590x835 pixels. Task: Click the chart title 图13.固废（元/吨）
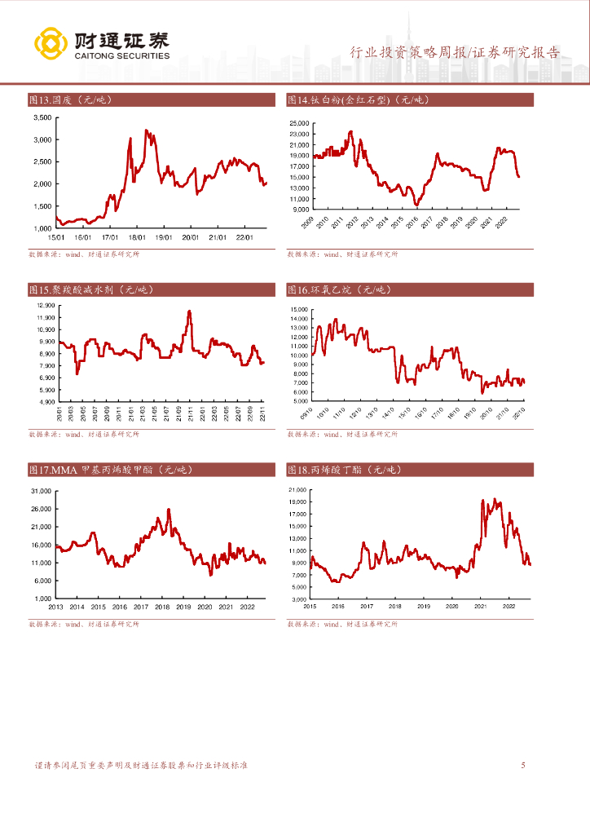[x=70, y=100]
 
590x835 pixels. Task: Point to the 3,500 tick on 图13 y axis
[x=42, y=117]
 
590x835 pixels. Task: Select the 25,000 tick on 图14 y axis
[x=298, y=122]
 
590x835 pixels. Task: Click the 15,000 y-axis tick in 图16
[x=298, y=310]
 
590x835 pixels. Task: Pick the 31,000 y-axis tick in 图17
[x=42, y=491]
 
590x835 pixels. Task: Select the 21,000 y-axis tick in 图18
[x=298, y=490]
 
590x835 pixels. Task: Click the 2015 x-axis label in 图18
[x=310, y=606]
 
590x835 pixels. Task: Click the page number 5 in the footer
[x=523, y=766]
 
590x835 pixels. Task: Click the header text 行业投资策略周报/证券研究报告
[x=455, y=52]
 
